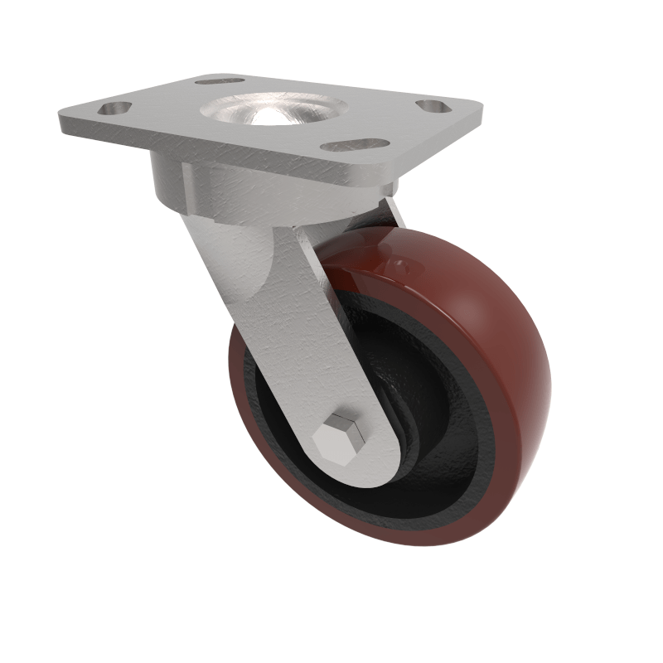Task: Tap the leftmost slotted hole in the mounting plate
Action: (x=115, y=109)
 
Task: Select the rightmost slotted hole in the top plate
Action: (x=433, y=107)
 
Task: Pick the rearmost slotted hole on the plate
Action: (x=220, y=81)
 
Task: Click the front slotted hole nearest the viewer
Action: (x=343, y=146)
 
